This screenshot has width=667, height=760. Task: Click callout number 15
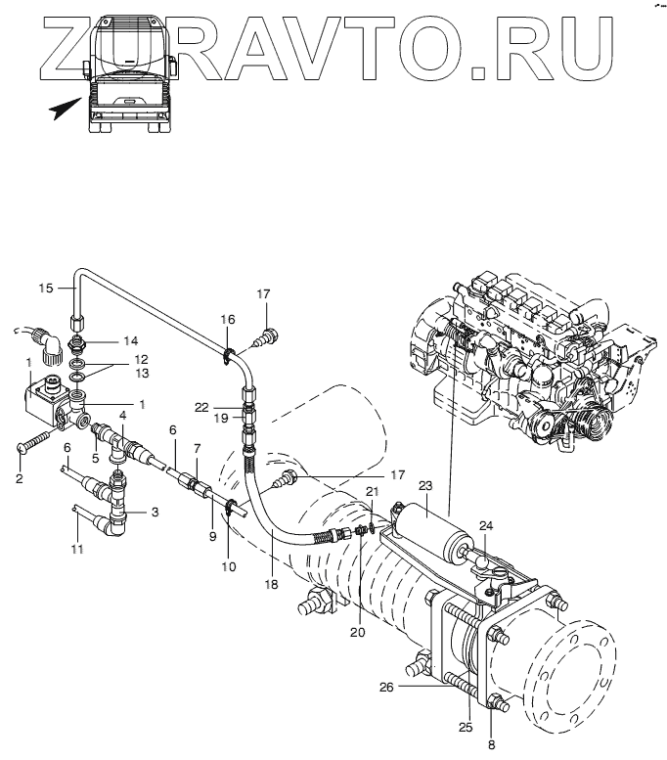pyautogui.click(x=45, y=288)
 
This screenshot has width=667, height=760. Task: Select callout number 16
pyautogui.click(x=227, y=320)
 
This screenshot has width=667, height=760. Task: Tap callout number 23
pyautogui.click(x=424, y=485)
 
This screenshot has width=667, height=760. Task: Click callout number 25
pyautogui.click(x=465, y=727)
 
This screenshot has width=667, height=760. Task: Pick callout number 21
pyautogui.click(x=372, y=491)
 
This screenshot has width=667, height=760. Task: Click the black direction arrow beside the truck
pyautogui.click(x=65, y=109)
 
